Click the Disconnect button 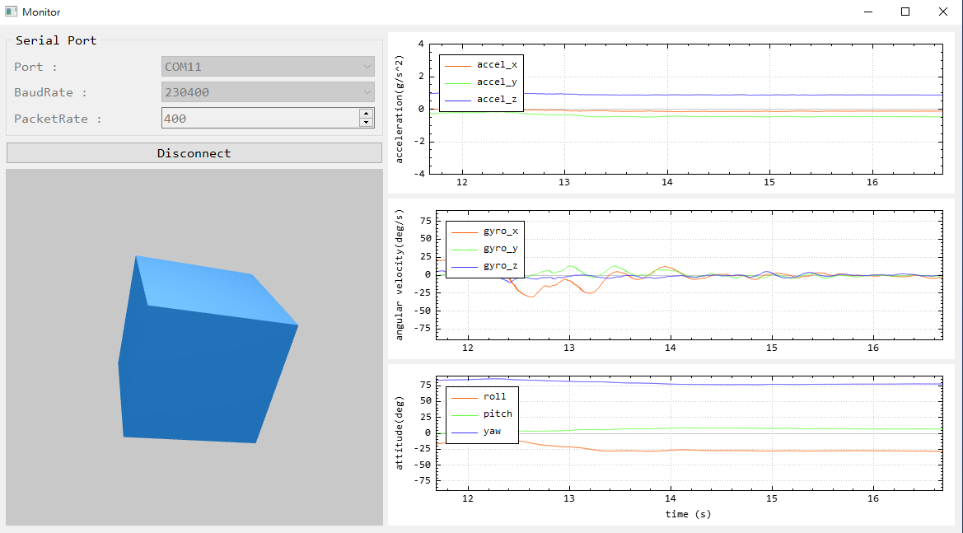pos(194,153)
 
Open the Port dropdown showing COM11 pos(268,67)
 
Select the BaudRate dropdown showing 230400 pos(268,92)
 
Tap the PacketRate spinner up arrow pos(367,114)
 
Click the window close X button pos(942,12)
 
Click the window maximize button pos(905,12)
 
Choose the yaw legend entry pos(493,431)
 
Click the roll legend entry pos(494,397)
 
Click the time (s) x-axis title pos(689,514)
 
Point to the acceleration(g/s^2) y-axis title pos(400,109)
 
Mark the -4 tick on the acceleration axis pos(421,174)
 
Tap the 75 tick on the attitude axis pos(425,384)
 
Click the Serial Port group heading pos(56,40)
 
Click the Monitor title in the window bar pos(41,12)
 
